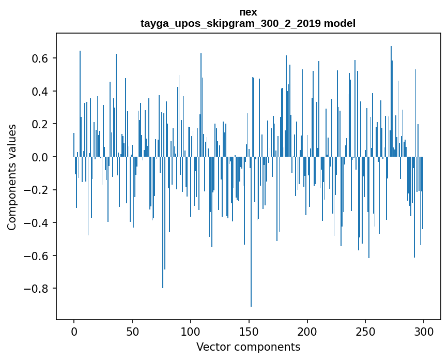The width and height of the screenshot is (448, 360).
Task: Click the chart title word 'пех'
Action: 248,12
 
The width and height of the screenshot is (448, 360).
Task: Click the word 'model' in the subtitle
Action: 339,23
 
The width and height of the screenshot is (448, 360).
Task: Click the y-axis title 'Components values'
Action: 12,177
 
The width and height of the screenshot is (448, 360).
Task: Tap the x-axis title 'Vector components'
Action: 248,347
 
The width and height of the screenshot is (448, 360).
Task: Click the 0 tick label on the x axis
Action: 74,331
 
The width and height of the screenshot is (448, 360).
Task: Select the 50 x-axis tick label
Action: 132,331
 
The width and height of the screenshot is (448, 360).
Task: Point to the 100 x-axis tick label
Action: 191,331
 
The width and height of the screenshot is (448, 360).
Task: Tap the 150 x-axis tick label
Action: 249,331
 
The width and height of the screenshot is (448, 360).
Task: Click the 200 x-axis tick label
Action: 307,331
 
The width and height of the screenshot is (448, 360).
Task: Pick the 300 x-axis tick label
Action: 424,331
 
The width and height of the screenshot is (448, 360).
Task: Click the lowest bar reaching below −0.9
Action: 251,259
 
